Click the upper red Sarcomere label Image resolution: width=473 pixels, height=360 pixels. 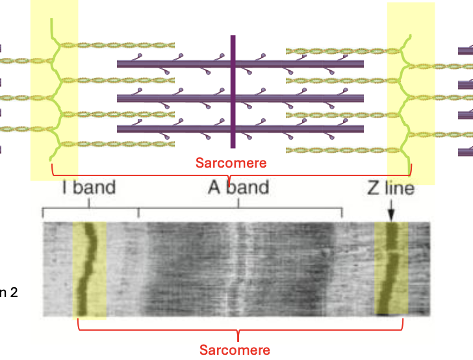231,162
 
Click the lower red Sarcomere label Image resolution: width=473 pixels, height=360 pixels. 235,350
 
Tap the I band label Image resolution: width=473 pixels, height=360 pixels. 89,188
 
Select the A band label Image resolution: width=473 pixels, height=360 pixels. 238,188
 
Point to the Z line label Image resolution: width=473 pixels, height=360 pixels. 390,189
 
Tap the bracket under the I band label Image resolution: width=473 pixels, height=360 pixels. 90,209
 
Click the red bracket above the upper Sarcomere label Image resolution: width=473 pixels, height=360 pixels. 230,175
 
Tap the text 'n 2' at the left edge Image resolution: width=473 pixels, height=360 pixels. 8,292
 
